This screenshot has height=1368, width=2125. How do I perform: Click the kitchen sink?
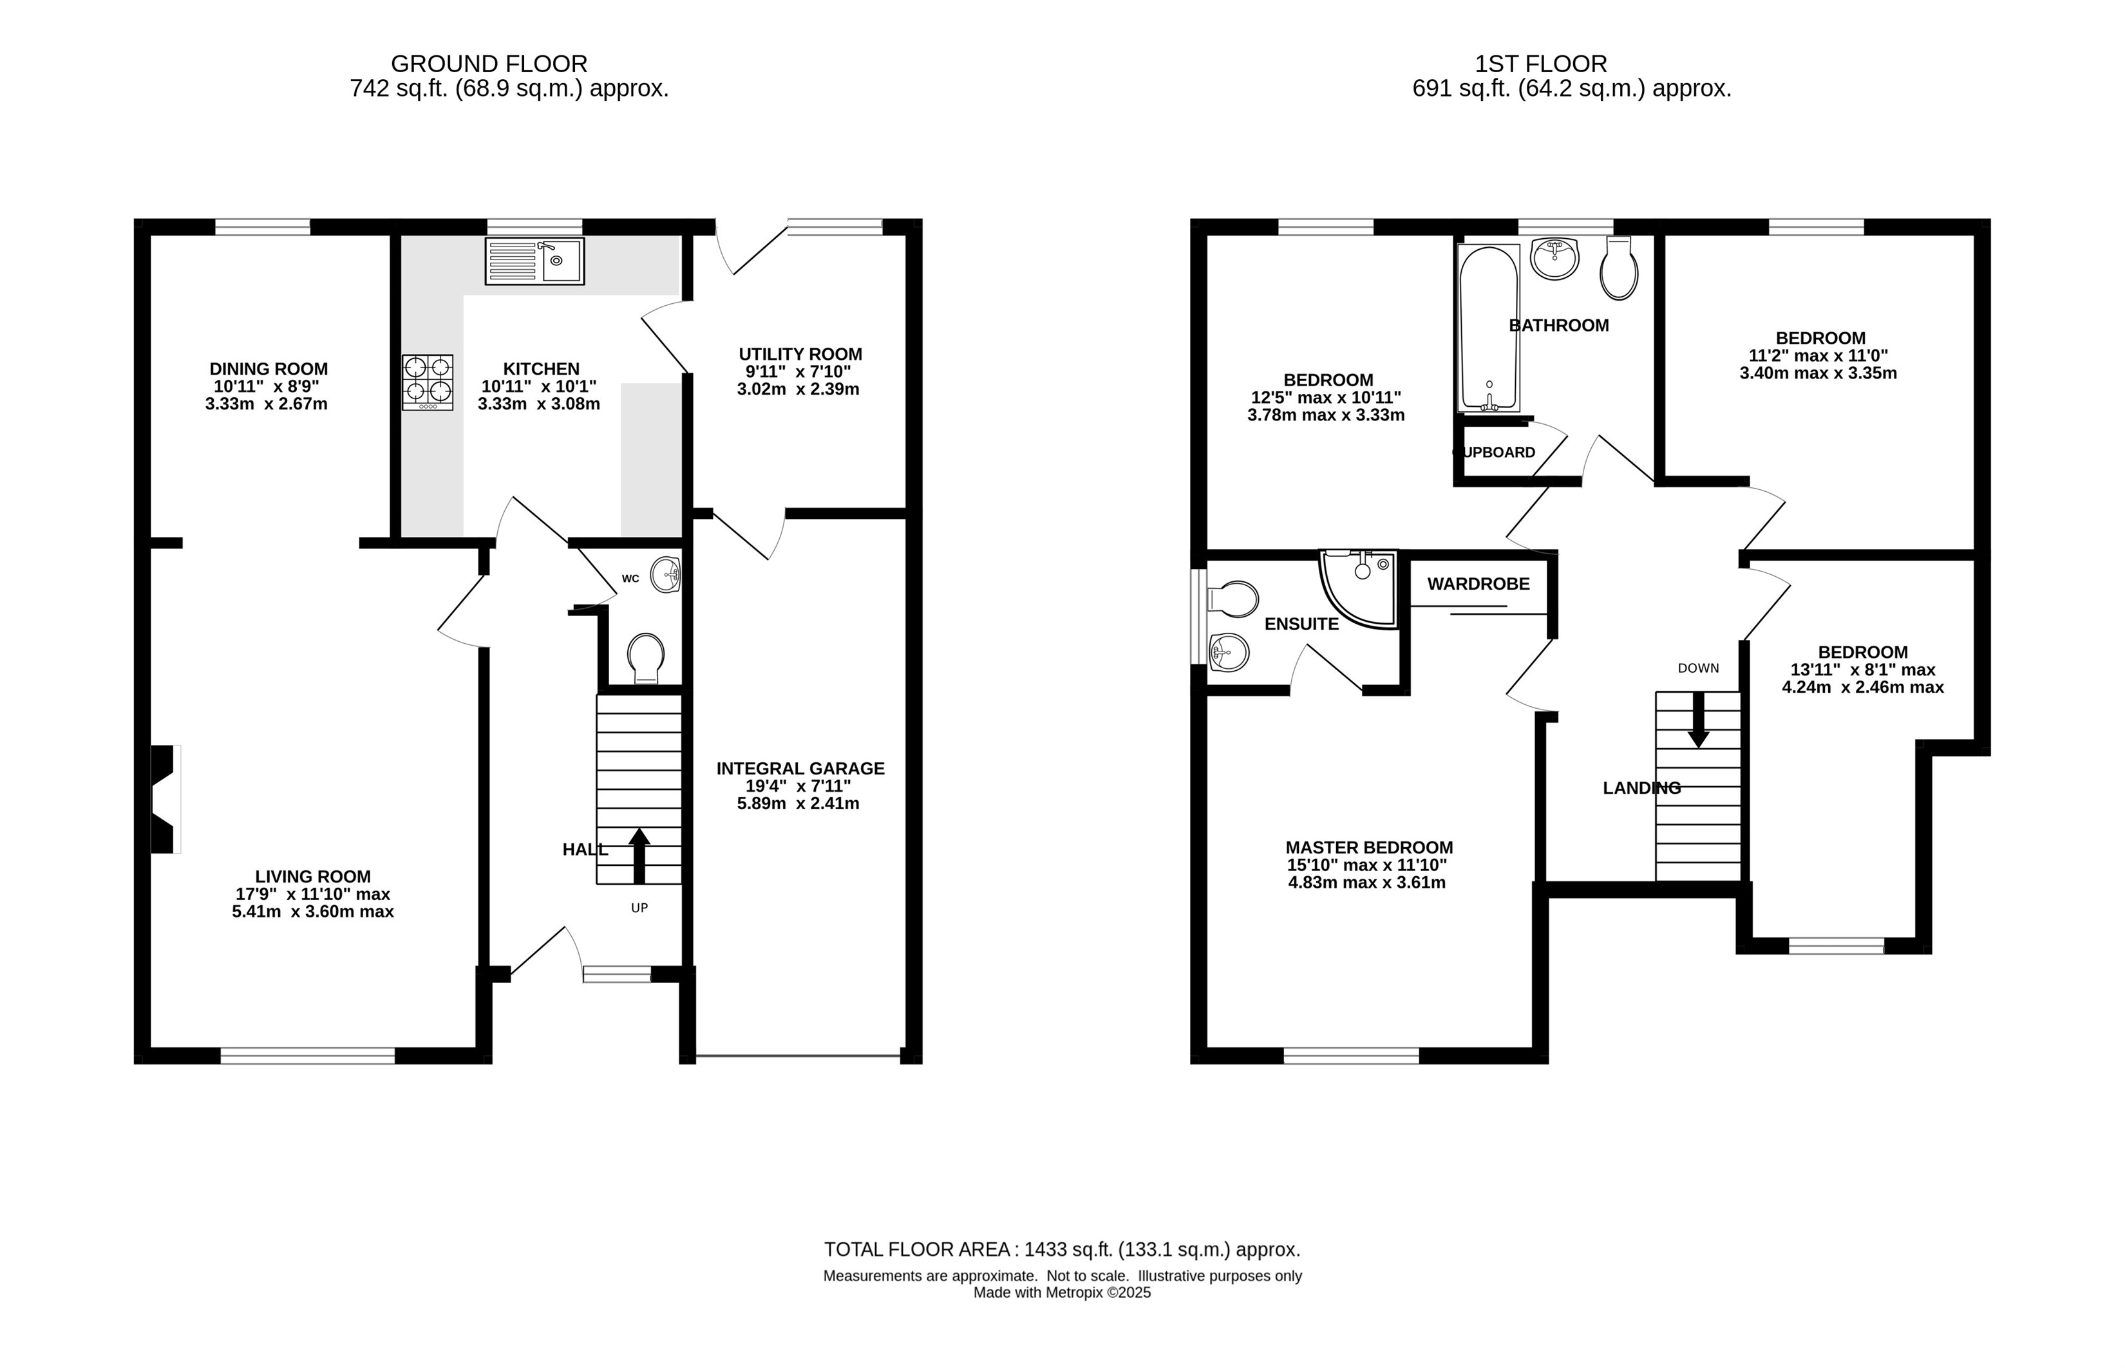point(534,261)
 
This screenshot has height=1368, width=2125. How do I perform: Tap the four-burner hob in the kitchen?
point(428,382)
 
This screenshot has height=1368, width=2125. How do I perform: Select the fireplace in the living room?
point(165,799)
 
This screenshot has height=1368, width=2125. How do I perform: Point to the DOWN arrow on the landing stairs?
point(1697,720)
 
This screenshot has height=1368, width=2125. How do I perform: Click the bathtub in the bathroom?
point(1488,329)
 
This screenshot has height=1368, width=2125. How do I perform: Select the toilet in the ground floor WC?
point(646,657)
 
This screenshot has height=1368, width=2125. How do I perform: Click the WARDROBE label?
point(1478,584)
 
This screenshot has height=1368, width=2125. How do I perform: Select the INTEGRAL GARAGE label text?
point(800,769)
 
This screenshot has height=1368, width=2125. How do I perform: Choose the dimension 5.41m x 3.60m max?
point(313,912)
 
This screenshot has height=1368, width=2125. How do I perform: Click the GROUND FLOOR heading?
point(489,64)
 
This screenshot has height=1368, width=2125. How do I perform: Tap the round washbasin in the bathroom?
point(1554,258)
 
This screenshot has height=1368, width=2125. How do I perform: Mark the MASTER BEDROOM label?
point(1369,847)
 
